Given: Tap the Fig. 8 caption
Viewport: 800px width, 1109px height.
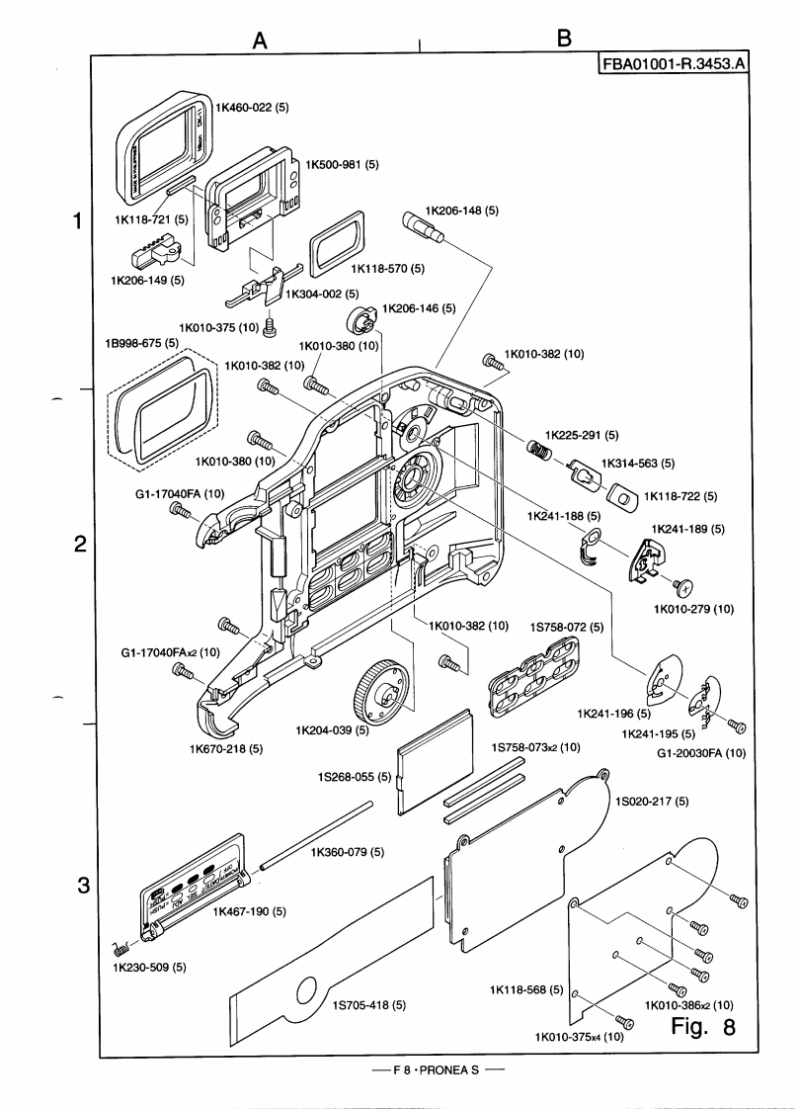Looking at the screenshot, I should coord(703,1027).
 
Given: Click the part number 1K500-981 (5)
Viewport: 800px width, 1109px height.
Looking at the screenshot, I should coord(343,164).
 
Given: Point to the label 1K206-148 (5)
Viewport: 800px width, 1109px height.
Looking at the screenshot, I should coord(461,211).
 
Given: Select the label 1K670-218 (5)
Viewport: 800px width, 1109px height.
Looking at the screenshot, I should coord(226,748).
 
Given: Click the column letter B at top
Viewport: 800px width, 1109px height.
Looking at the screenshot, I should coord(564,39).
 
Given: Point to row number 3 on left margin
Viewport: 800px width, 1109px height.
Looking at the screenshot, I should coord(85,886).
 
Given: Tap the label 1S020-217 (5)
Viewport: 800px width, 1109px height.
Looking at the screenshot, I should coord(651,800).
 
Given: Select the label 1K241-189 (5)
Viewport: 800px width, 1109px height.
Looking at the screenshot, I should coord(687,529).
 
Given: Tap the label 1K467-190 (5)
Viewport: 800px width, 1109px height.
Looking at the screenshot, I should coord(250,911).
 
